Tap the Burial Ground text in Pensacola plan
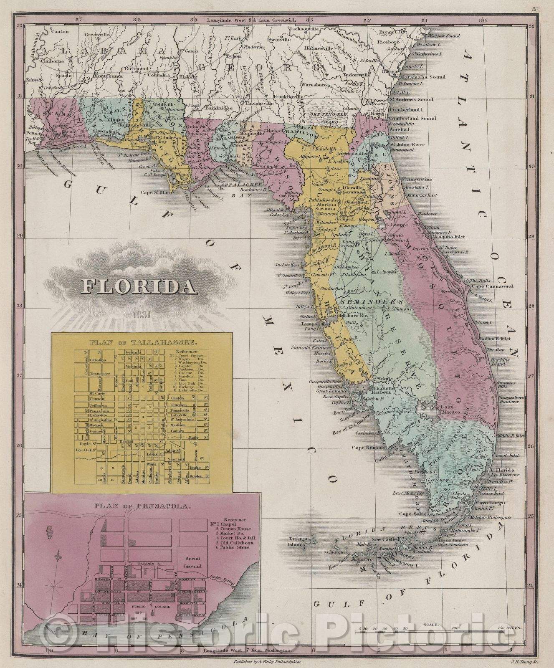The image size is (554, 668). click(193, 562)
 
